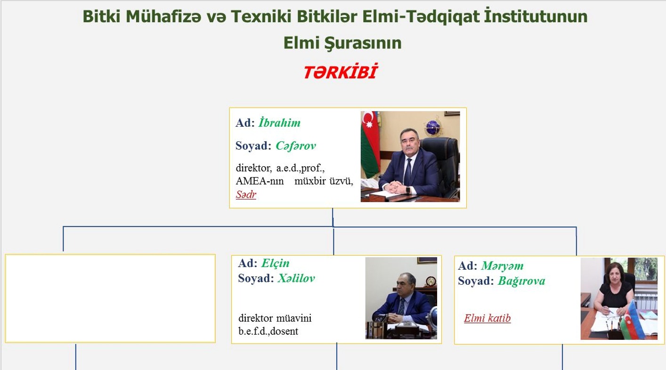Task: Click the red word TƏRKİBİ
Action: [x=341, y=72]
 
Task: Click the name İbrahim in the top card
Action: [x=279, y=122]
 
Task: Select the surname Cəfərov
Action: [x=295, y=145]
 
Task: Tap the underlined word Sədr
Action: [x=246, y=194]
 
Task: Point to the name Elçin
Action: [x=276, y=263]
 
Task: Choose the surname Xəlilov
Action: [x=296, y=278]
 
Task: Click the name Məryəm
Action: [x=503, y=265]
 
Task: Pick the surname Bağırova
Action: [x=521, y=281]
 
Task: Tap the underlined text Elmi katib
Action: [x=487, y=318]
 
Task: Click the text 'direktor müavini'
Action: [x=275, y=318]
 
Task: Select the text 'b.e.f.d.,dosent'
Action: [x=268, y=331]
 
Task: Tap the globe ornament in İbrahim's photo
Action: [x=432, y=127]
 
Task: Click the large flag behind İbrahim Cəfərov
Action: [x=370, y=144]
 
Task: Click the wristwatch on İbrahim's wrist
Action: [x=408, y=190]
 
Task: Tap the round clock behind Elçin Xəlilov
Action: [x=430, y=281]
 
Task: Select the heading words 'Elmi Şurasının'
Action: [x=342, y=43]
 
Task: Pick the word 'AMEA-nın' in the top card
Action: [x=260, y=181]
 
